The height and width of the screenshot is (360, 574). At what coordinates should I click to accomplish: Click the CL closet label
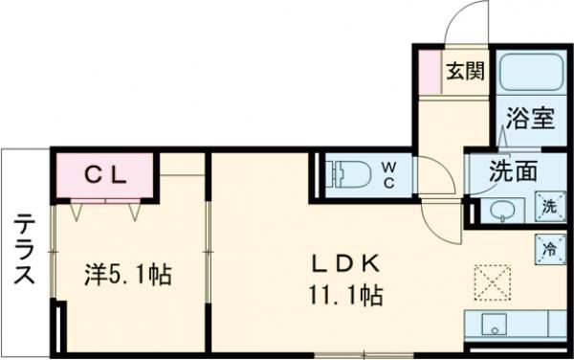click(103, 175)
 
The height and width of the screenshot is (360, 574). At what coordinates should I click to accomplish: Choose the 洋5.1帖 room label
click(126, 276)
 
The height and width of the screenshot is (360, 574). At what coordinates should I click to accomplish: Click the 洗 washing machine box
click(549, 206)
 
